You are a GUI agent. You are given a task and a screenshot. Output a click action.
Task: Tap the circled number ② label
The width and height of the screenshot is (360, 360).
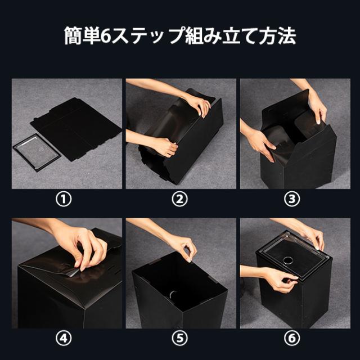[x=180, y=199]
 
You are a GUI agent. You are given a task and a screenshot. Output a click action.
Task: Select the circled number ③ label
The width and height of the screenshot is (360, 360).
[x=292, y=199]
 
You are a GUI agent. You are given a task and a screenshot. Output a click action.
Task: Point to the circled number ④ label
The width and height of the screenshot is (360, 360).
[x=64, y=337]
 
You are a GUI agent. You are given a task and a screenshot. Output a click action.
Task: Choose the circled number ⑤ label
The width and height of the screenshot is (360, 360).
[x=180, y=337]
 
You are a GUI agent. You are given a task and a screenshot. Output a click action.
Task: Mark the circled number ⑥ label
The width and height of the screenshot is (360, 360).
[x=292, y=337]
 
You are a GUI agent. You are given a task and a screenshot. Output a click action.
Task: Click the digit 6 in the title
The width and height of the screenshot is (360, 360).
[x=106, y=36]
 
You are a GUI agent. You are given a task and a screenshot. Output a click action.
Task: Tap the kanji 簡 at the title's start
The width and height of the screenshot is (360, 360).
[x=73, y=36]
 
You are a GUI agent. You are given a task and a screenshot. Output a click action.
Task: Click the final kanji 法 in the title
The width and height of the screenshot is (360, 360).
[x=287, y=36]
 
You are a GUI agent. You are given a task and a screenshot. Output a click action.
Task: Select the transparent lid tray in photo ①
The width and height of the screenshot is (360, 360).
[x=37, y=152]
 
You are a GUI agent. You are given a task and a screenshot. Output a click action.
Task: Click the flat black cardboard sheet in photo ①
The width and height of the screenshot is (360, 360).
[x=76, y=129]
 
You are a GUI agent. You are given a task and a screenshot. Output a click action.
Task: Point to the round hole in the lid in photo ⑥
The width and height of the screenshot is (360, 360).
[x=287, y=260]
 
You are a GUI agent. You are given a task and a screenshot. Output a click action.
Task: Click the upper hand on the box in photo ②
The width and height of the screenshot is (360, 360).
[x=200, y=106]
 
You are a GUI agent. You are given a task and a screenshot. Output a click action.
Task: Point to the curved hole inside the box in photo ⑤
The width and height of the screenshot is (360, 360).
[x=173, y=294]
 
